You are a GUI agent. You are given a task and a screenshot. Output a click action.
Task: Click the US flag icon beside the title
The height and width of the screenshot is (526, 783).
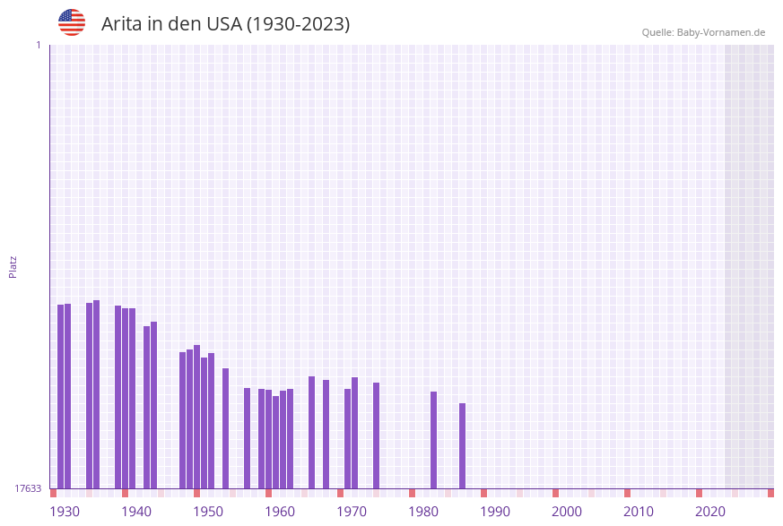pyautogui.click(x=72, y=22)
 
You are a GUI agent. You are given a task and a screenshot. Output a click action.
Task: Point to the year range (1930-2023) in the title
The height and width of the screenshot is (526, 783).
pyautogui.click(x=298, y=24)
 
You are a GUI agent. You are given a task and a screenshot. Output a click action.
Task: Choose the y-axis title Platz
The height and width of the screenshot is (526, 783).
pyautogui.click(x=13, y=266)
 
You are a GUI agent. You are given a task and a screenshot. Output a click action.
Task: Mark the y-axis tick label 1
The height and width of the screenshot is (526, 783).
pyautogui.click(x=38, y=45)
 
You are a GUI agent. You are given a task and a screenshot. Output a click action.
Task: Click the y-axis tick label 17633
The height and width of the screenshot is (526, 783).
pyautogui.click(x=28, y=488)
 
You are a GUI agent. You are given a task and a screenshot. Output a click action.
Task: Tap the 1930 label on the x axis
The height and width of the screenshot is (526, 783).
pyautogui.click(x=65, y=512)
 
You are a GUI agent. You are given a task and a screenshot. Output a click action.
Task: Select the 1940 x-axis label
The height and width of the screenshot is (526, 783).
pyautogui.click(x=136, y=512)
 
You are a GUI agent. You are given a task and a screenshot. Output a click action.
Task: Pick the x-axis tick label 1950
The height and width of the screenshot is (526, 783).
pyautogui.click(x=208, y=512)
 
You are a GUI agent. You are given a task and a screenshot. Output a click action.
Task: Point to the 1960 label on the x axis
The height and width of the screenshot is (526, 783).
pyautogui.click(x=280, y=512)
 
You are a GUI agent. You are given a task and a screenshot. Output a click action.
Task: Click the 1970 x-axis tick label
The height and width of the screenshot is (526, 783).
pyautogui.click(x=352, y=512)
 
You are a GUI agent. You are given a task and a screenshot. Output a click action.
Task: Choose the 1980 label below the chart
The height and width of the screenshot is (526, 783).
pyautogui.click(x=423, y=512)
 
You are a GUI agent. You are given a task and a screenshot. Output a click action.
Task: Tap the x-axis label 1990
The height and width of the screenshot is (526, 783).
pyautogui.click(x=495, y=512)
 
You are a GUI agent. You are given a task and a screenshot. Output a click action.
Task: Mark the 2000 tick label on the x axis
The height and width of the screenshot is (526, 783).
pyautogui.click(x=567, y=512)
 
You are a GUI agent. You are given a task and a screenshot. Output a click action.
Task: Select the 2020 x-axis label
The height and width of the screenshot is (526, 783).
pyautogui.click(x=710, y=512)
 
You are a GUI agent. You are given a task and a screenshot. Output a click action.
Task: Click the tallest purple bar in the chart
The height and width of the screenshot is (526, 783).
pyautogui.click(x=97, y=394)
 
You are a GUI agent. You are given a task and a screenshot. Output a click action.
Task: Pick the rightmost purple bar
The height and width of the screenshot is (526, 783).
pyautogui.click(x=463, y=445)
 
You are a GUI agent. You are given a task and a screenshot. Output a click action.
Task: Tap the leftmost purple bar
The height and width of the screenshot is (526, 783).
pyautogui.click(x=61, y=396)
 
